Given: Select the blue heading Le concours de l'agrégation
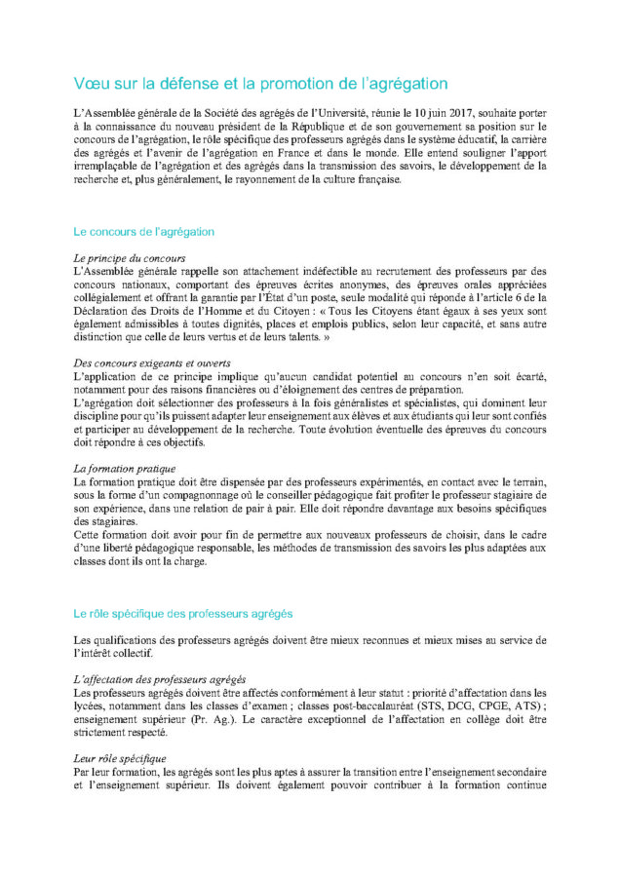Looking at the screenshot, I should coord(143,232).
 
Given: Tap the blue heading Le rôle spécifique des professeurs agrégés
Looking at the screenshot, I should coord(182,614).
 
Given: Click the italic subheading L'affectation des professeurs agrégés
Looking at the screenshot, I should coord(159,679).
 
